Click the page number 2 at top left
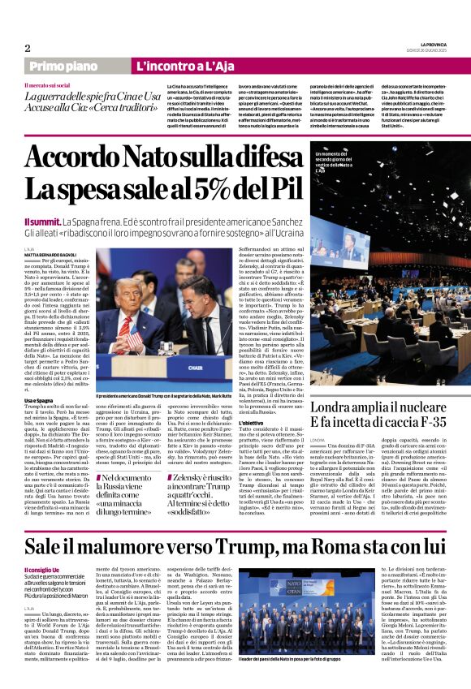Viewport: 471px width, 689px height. pos(27,49)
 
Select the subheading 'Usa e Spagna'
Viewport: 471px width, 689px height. pos(40,400)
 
